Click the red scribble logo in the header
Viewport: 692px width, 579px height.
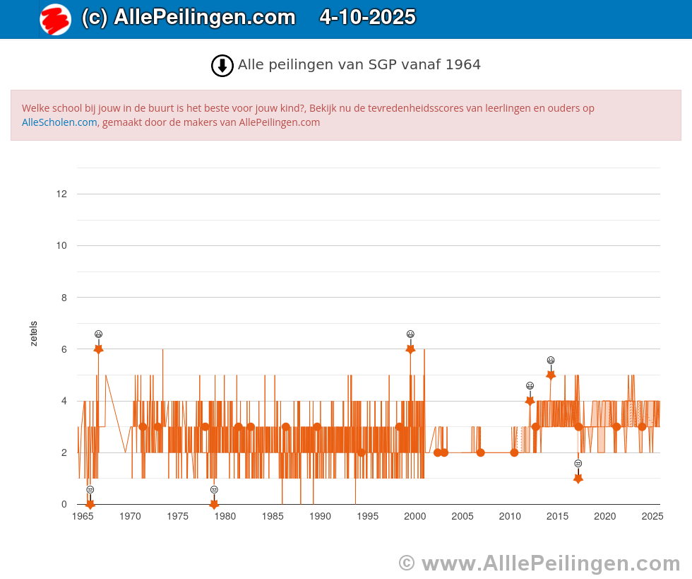[x=55, y=19]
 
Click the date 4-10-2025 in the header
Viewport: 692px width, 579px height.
[x=367, y=18]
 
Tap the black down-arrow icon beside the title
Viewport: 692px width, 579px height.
[x=222, y=66]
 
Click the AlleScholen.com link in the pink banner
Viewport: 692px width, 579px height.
[x=59, y=122]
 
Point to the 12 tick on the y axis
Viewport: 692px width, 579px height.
[x=62, y=194]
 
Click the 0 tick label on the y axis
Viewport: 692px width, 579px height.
[x=64, y=504]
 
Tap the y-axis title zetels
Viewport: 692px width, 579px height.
[x=34, y=334]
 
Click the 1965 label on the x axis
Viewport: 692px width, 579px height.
[x=83, y=517]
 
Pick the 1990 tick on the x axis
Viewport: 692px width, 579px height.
[x=320, y=517]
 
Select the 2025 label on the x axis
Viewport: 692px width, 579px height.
[x=652, y=517]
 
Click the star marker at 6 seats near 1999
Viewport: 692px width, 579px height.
[x=410, y=349]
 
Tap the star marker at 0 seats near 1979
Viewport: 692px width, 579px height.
[x=214, y=504]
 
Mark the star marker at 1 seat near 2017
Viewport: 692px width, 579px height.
[x=578, y=479]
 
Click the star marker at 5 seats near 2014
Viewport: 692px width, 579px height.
[x=551, y=375]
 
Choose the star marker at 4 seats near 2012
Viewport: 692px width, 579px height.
[x=530, y=401]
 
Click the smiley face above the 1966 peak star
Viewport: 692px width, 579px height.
[x=99, y=334]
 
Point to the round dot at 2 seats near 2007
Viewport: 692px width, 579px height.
[x=481, y=452]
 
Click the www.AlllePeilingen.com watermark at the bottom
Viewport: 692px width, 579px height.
[x=539, y=563]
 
